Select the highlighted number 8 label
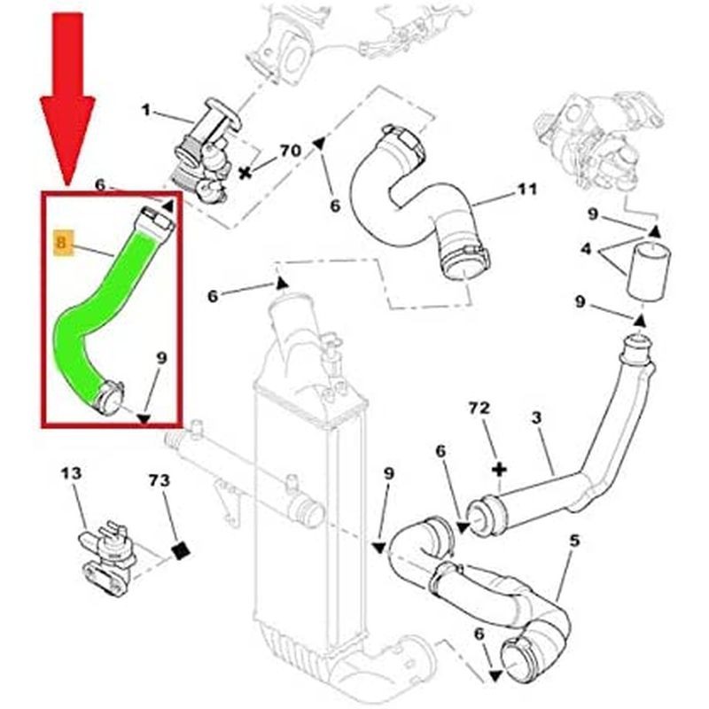pos(61,242)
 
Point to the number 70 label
pos(291,151)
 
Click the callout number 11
pos(527,191)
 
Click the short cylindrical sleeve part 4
pos(650,271)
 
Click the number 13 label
pos(72,474)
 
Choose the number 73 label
pos(159,481)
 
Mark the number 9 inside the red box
pos(160,359)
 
